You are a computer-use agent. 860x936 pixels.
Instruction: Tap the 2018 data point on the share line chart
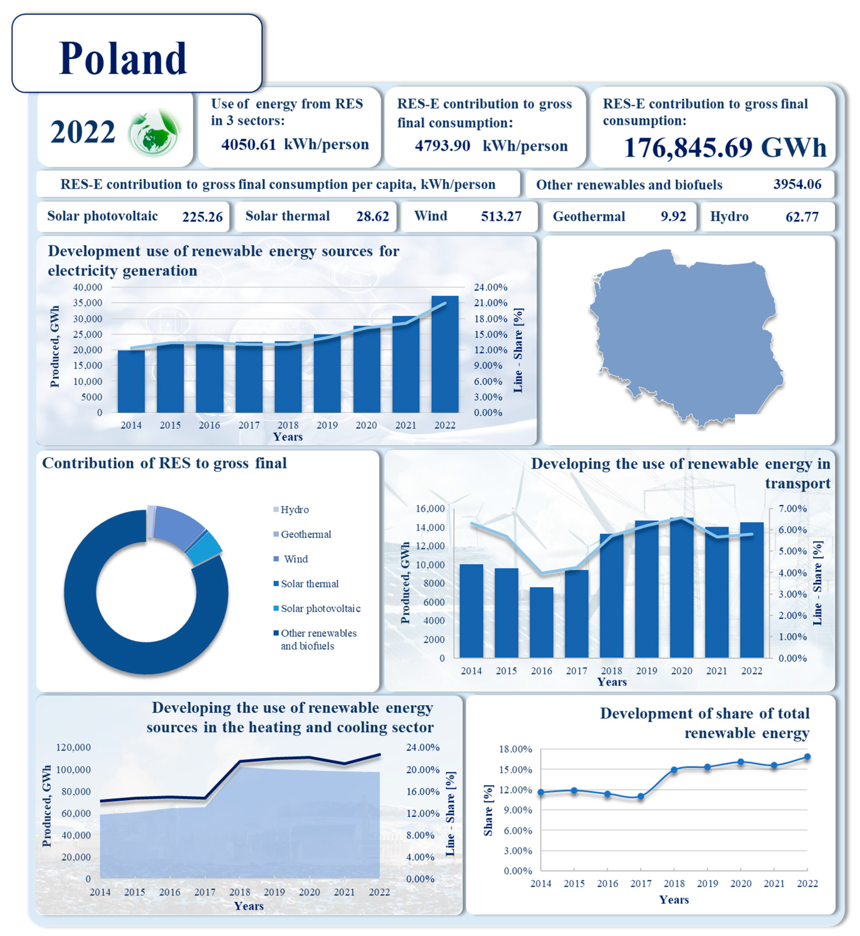674,770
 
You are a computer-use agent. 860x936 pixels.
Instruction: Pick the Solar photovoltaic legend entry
320,608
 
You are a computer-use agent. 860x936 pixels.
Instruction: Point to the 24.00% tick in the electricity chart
490,287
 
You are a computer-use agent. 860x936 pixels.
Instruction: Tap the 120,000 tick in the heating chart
73,747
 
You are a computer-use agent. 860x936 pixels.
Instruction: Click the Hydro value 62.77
801,217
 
